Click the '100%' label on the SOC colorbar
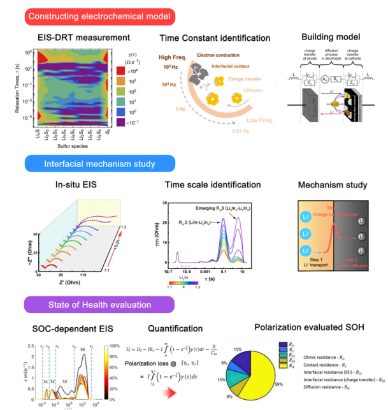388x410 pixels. tap(115, 345)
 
